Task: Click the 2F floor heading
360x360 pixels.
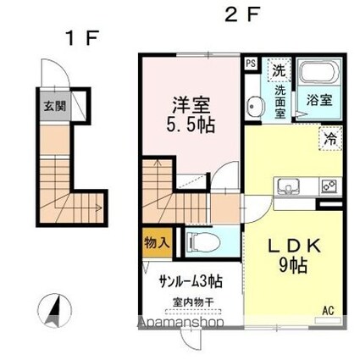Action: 240,14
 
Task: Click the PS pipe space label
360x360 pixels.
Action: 250,63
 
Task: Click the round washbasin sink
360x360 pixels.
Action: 254,106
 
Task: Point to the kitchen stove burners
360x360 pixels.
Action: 327,185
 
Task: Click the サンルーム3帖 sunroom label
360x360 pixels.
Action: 188,281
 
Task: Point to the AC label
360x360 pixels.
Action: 327,311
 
